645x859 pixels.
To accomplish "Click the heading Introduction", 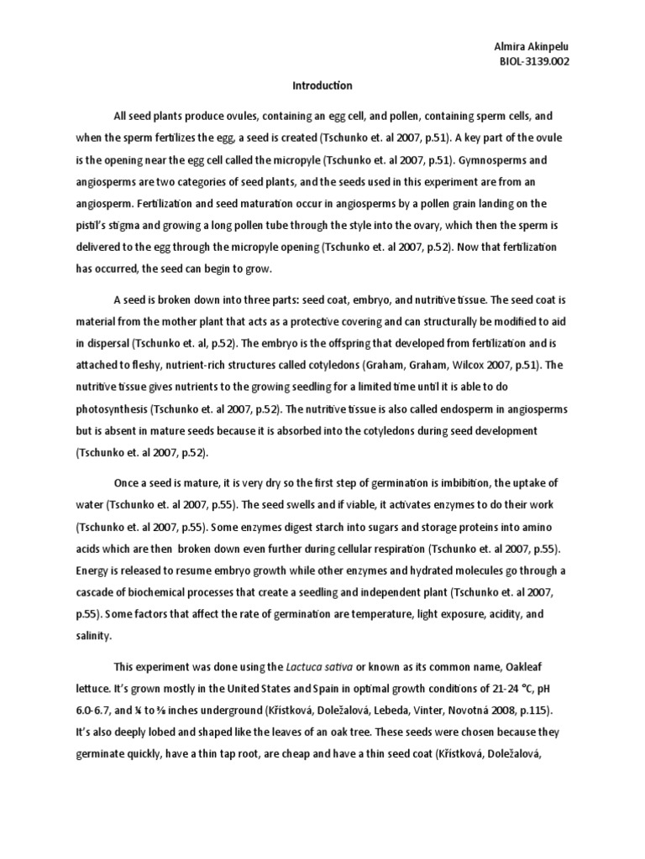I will (322, 86).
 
